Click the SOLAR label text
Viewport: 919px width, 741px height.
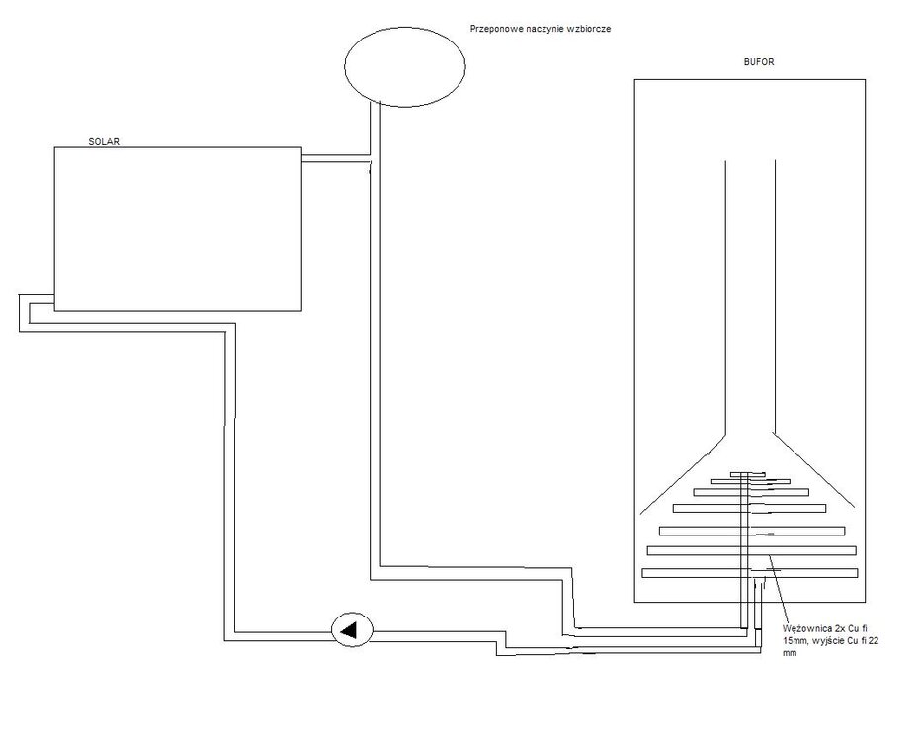pyautogui.click(x=103, y=142)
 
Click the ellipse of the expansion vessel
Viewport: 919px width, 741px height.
pyautogui.click(x=404, y=64)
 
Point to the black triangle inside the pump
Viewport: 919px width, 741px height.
pyautogui.click(x=349, y=629)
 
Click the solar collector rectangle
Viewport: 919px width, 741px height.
pyautogui.click(x=177, y=227)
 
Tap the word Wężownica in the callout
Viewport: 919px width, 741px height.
pyautogui.click(x=804, y=629)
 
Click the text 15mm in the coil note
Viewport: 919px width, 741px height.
pyautogui.click(x=794, y=642)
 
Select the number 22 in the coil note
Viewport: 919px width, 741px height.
pyautogui.click(x=886, y=642)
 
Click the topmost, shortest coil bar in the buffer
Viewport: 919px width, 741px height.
pyautogui.click(x=749, y=476)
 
